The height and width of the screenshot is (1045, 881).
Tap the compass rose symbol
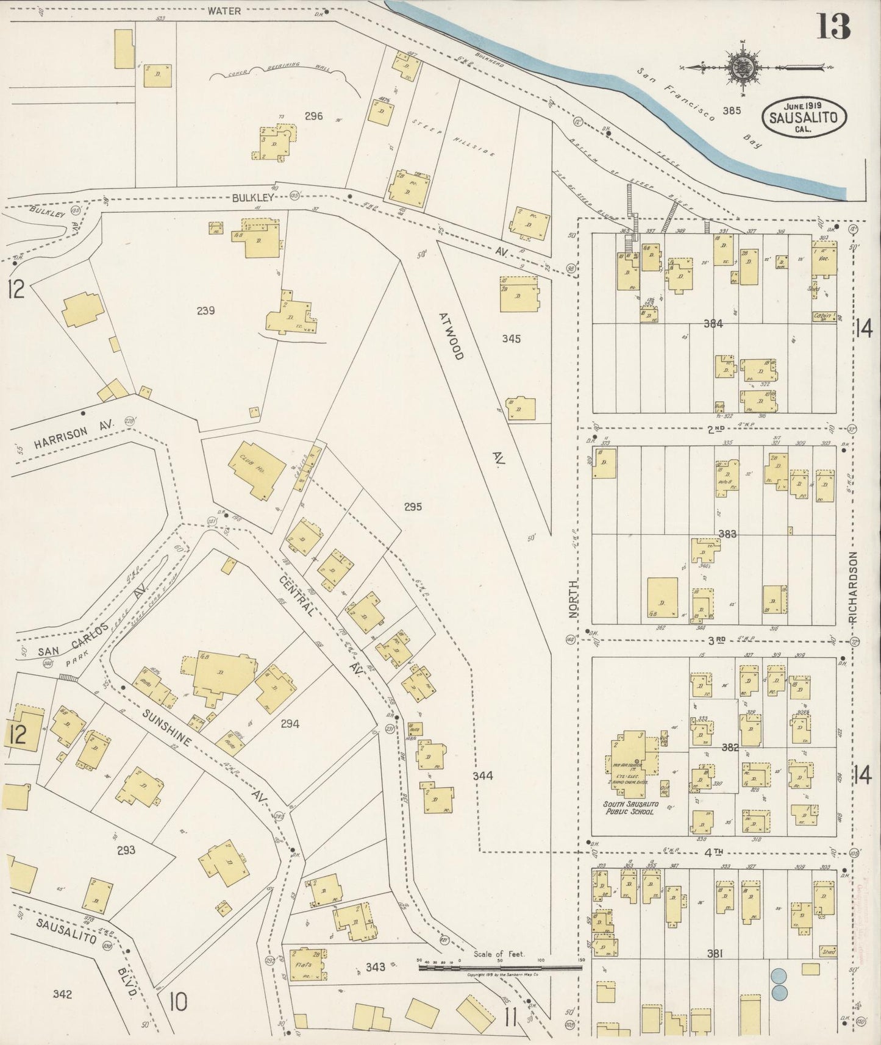[742, 66]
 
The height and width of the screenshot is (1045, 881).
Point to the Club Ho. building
[257, 470]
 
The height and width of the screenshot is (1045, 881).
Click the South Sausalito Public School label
[629, 808]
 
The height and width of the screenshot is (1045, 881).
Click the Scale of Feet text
[499, 954]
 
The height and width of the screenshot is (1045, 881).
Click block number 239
[205, 311]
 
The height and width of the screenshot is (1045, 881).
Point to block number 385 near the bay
[732, 110]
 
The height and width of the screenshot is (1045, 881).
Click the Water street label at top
[224, 10]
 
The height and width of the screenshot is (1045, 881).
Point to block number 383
[727, 534]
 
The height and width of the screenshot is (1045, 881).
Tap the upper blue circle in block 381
[778, 976]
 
